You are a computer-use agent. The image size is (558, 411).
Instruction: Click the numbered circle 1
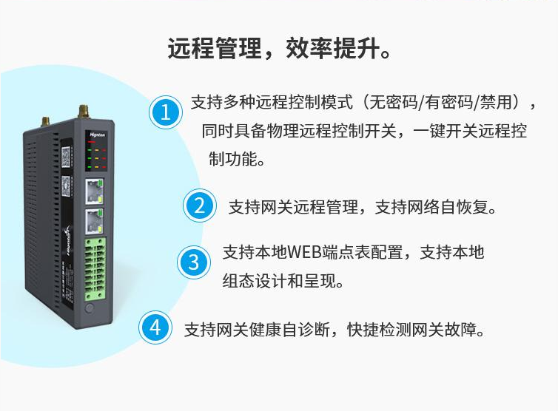[x=166, y=112]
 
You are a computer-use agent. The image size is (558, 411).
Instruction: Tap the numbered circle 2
[x=200, y=205]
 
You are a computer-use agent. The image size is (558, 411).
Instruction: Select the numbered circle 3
[x=194, y=262]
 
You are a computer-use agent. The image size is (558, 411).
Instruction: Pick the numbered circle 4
[x=155, y=327]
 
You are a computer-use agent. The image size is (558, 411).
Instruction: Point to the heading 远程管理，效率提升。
[x=280, y=48]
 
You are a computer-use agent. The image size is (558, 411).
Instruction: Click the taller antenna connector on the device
[x=84, y=112]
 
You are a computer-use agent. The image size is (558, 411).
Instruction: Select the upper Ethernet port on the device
[x=94, y=191]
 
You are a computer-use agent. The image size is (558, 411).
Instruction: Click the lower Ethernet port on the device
[x=94, y=221]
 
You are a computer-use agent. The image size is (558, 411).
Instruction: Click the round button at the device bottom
[x=90, y=308]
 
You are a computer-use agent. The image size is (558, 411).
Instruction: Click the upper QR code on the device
[x=66, y=157]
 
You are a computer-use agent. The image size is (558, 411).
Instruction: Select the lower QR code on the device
[x=66, y=186]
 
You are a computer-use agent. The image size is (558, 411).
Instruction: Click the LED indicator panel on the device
[x=96, y=154]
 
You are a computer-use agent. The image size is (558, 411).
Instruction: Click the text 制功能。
[x=237, y=159]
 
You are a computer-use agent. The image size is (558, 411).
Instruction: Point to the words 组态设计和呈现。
[x=283, y=281]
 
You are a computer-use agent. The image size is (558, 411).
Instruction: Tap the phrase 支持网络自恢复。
[x=436, y=207]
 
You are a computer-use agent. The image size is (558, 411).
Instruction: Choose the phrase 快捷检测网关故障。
[x=416, y=330]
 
